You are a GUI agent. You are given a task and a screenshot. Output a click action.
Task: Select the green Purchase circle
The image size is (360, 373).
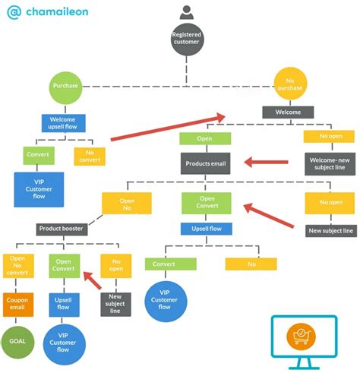point(66,86)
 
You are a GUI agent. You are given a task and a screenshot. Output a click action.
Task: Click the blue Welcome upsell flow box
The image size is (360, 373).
point(63,122)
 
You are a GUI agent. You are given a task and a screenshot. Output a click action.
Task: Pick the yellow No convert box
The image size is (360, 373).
point(90,156)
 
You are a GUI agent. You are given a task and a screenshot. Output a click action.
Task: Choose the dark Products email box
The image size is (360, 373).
point(205,163)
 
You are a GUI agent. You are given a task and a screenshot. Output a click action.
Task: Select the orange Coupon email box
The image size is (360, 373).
point(18,303)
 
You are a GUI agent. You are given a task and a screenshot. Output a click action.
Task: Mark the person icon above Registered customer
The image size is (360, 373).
point(186,12)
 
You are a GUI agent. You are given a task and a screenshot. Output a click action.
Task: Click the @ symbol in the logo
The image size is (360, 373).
point(13,11)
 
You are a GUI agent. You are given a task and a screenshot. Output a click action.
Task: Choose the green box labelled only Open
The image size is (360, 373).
point(204,139)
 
